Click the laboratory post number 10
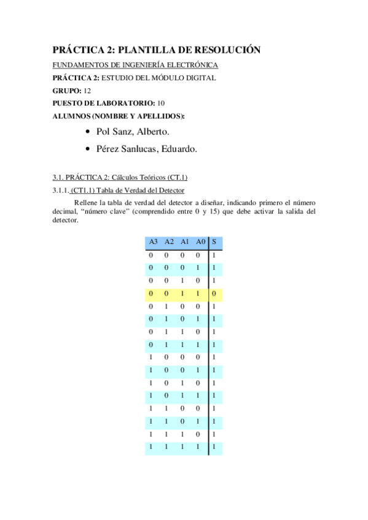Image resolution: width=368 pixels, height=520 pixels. coord(161,102)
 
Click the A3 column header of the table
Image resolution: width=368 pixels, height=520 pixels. coord(153,242)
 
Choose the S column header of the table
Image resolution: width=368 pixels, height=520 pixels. coord(213,242)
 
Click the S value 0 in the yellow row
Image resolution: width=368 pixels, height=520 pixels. coord(213,294)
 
